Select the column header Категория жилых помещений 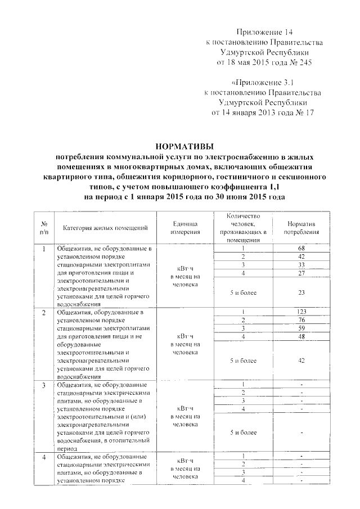(106, 228)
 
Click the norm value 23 (301, 292)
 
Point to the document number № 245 (298, 61)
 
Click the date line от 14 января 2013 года (254, 112)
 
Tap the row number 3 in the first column (44, 385)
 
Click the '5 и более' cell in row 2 (243, 361)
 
